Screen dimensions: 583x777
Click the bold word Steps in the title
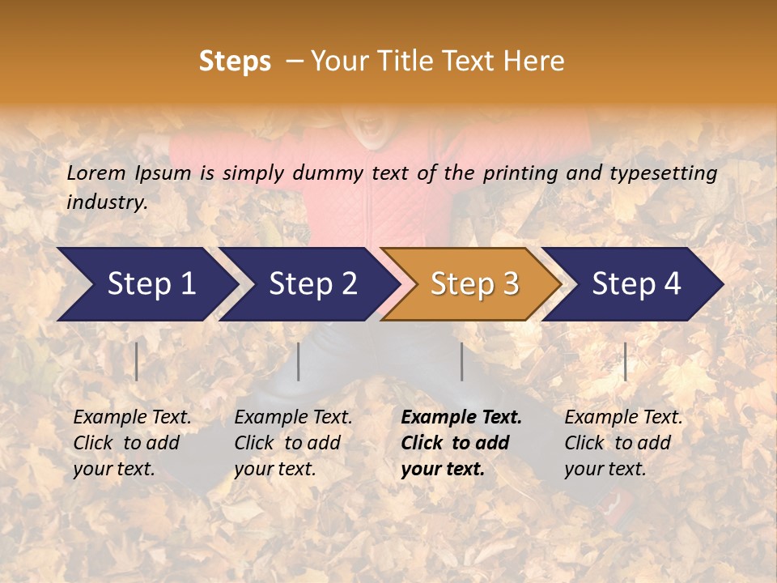pyautogui.click(x=235, y=61)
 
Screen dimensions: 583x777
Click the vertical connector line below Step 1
pyautogui.click(x=137, y=361)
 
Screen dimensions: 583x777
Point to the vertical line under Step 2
pyautogui.click(x=299, y=361)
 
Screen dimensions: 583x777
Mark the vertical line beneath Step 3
pyautogui.click(x=461, y=361)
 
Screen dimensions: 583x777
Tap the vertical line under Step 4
pyautogui.click(x=625, y=361)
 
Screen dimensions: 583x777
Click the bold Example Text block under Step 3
pyautogui.click(x=461, y=443)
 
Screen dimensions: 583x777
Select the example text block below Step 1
pyautogui.click(x=132, y=443)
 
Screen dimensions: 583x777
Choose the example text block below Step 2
pyautogui.click(x=293, y=443)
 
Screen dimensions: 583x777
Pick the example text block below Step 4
pyautogui.click(x=623, y=443)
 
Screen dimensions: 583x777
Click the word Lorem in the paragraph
pyautogui.click(x=96, y=172)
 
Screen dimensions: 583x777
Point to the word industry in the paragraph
pyautogui.click(x=106, y=202)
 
